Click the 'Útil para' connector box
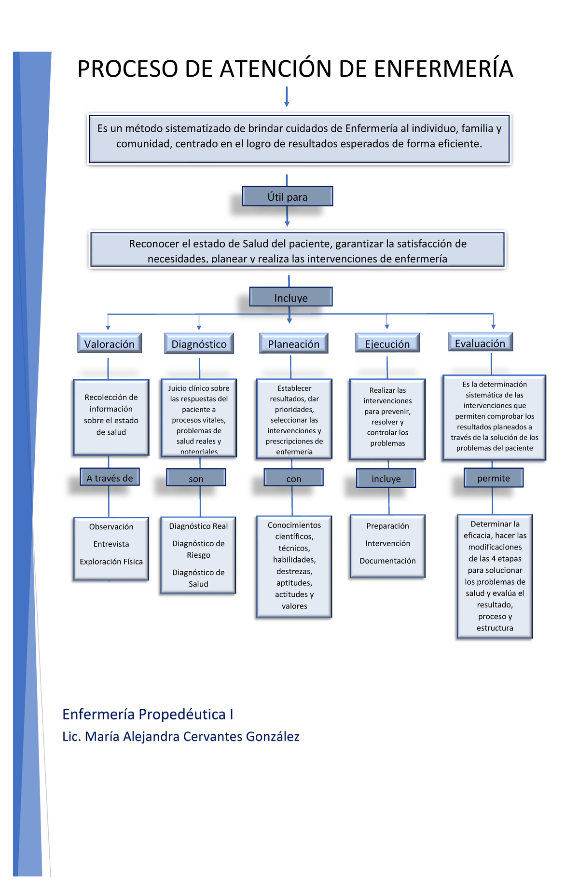[x=288, y=196]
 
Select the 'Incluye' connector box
[x=291, y=297]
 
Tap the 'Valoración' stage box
[x=110, y=344]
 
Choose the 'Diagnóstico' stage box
[x=199, y=344]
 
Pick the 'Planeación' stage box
[x=293, y=344]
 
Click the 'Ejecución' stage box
[x=387, y=344]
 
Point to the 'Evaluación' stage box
[x=480, y=343]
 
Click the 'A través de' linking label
[x=110, y=478]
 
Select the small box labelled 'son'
[x=196, y=478]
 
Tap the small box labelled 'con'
[x=293, y=478]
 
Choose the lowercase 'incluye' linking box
[x=386, y=478]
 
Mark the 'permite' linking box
[x=493, y=478]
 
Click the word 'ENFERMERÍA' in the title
[x=443, y=69]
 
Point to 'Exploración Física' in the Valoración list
[x=111, y=562]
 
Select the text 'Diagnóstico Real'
[x=198, y=526]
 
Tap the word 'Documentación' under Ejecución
[x=387, y=561]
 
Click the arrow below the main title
[x=287, y=97]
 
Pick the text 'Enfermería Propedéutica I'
[x=148, y=714]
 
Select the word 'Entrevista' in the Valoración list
[x=111, y=544]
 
